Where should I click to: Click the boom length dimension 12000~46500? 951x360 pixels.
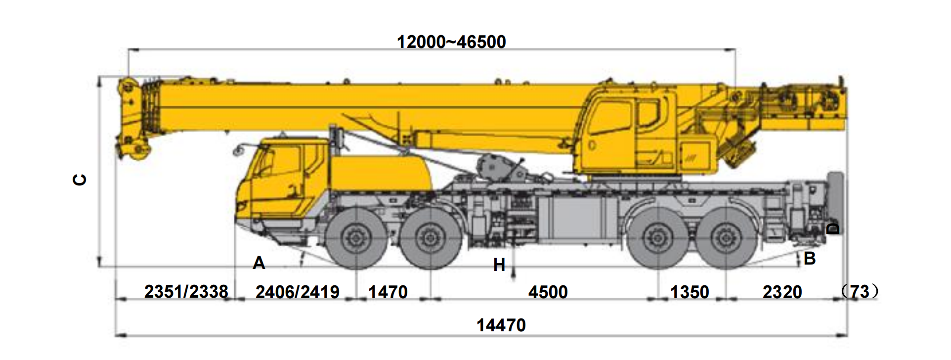[451, 42]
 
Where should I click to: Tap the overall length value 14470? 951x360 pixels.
[501, 325]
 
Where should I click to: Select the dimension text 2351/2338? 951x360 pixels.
[186, 292]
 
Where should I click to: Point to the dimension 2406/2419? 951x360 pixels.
[297, 292]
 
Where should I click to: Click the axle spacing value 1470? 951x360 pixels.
[388, 292]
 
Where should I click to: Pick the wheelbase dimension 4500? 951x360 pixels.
[548, 292]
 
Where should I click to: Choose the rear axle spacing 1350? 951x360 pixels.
[690, 292]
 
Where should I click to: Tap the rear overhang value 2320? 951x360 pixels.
[782, 292]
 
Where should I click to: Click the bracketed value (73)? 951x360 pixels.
[860, 292]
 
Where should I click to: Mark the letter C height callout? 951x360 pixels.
[80, 180]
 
